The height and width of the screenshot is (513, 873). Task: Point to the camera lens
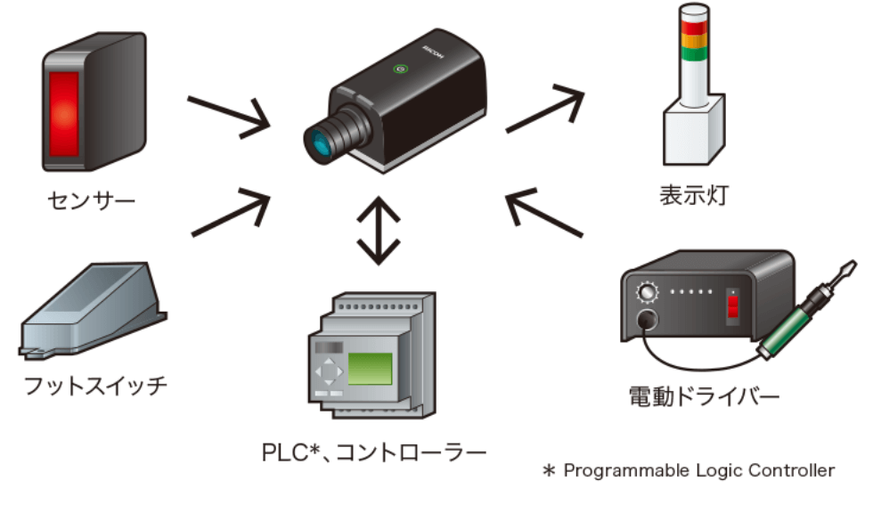click(321, 140)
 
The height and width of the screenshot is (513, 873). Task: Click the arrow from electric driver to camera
click(543, 211)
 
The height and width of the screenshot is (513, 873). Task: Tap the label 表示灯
click(693, 194)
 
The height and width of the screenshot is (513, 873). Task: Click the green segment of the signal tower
click(692, 53)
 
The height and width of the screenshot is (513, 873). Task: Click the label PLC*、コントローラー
click(374, 452)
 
